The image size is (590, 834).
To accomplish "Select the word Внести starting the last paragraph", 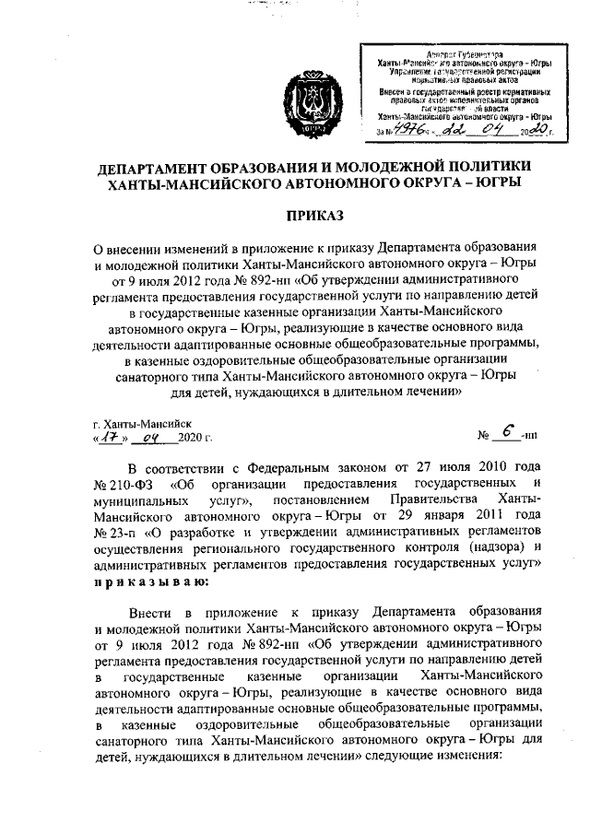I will [x=151, y=613].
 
